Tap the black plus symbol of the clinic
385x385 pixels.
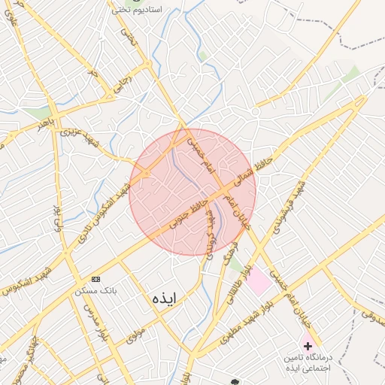[x=307, y=345]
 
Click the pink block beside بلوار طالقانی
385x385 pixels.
[x=259, y=281]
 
